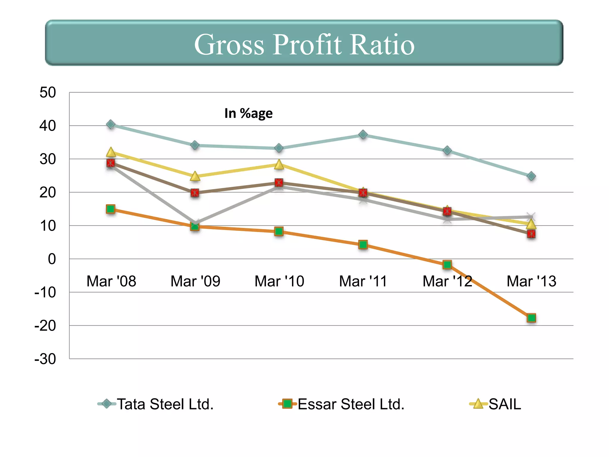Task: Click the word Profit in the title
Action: (307, 45)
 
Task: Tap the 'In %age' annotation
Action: (248, 113)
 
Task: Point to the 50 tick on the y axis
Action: (48, 93)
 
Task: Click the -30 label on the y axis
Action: (45, 359)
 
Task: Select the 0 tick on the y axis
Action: (52, 259)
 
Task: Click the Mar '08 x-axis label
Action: (111, 281)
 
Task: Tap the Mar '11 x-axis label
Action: (363, 281)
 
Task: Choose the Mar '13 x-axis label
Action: (531, 281)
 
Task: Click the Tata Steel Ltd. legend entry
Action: (165, 404)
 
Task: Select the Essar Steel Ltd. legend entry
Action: (351, 404)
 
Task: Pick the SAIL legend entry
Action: (505, 404)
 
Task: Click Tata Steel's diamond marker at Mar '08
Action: (111, 124)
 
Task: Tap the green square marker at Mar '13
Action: (531, 318)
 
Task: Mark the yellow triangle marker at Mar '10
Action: (279, 165)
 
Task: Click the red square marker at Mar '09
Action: (195, 193)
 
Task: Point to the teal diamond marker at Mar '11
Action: (363, 134)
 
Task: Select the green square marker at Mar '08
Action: (111, 209)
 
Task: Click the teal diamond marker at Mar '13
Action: (531, 176)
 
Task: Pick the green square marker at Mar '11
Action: (363, 245)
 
